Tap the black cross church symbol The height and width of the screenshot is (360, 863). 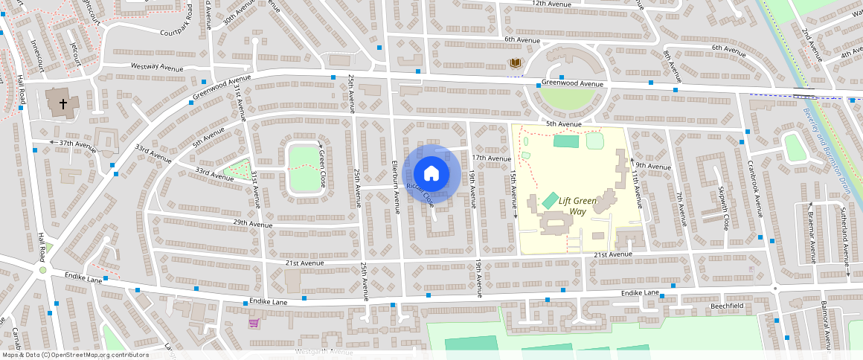63,103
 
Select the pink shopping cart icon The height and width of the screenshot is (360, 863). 254,324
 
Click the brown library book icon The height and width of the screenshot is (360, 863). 514,63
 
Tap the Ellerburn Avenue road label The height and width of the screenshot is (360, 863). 397,179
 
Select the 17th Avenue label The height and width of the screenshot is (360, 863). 492,158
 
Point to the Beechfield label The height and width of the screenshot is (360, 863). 728,306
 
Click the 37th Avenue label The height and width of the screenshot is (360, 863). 78,143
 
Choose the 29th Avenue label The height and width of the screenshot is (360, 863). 253,223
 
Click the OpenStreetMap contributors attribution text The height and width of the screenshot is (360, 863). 74,355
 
